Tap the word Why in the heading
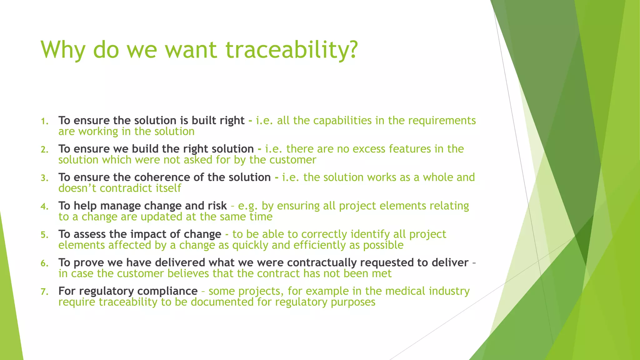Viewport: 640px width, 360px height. coord(62,50)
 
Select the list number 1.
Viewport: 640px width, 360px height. coord(45,121)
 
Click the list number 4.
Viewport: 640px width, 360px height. coord(45,207)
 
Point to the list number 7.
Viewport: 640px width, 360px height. coord(45,292)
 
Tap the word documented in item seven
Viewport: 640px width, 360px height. coord(222,302)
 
